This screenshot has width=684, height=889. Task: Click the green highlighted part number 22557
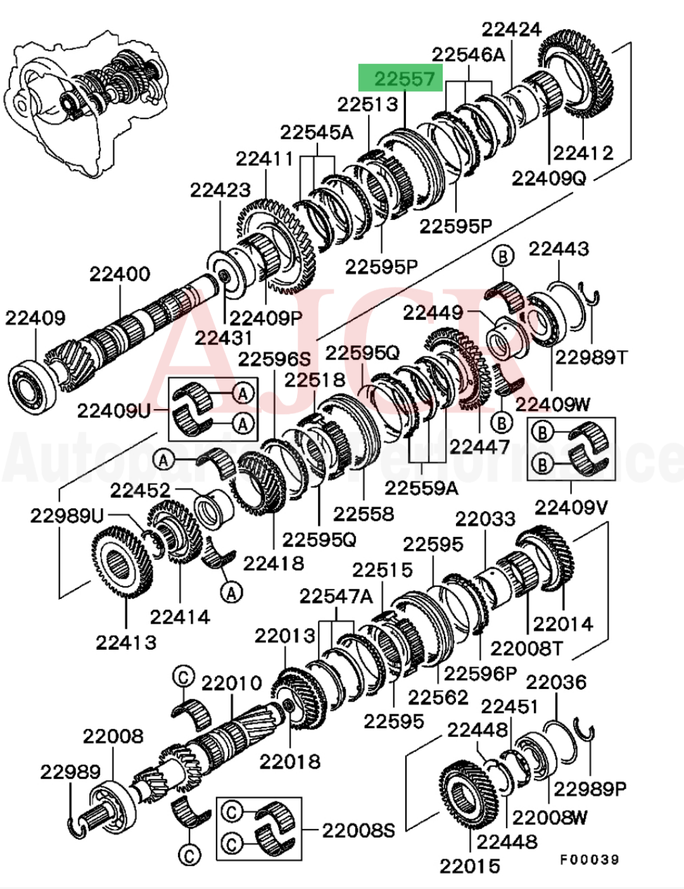pos(401,79)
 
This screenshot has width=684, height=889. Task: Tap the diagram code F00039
pos(589,859)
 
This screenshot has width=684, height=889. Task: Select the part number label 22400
pos(120,274)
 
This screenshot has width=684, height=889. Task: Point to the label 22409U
pos(114,411)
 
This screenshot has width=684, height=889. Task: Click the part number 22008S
pos(358,830)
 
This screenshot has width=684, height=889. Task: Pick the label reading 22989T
pos(591,358)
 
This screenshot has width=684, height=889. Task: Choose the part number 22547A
pos(336,596)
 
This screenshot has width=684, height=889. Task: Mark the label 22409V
pos(571,507)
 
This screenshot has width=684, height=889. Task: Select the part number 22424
pos(511,29)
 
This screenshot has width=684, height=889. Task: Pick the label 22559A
pos(421,488)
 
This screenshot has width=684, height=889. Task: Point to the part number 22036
pos(555,682)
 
